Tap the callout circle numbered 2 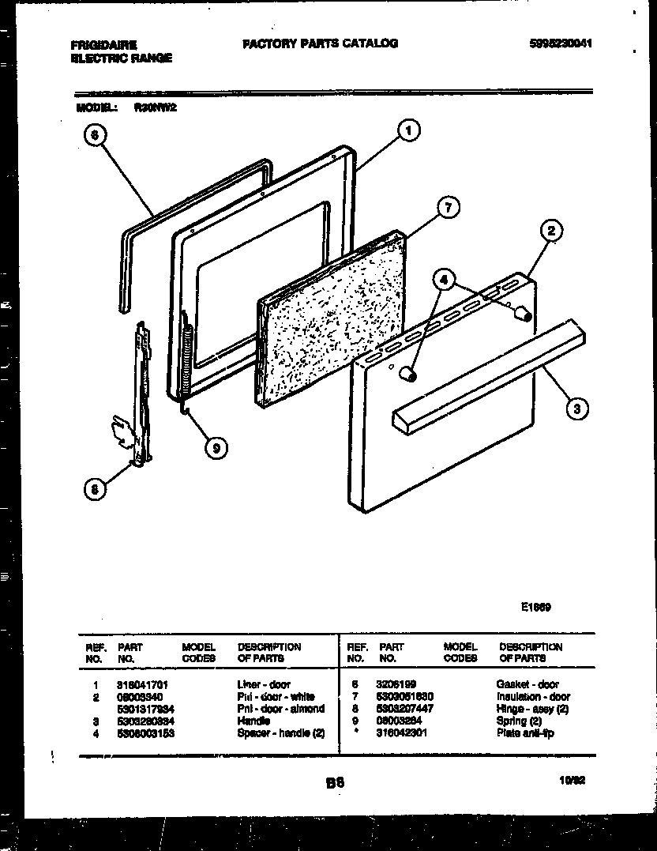(551, 232)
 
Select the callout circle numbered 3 (577, 409)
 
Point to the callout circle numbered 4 (445, 279)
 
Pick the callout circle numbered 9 (215, 449)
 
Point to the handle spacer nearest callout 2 (520, 313)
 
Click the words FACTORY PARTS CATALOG (320, 43)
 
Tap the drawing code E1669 (535, 608)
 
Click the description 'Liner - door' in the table (263, 684)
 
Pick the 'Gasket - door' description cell (527, 684)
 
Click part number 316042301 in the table (403, 732)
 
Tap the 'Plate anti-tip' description (525, 732)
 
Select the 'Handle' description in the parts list (253, 721)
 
